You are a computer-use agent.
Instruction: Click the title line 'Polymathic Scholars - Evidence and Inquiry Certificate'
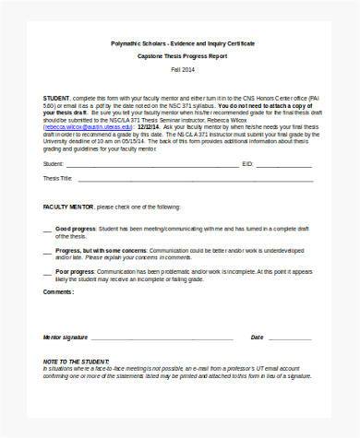(179, 42)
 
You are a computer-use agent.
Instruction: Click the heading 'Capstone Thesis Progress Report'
(179, 57)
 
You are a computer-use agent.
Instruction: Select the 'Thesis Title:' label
(57, 178)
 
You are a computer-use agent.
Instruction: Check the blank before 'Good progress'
(47, 228)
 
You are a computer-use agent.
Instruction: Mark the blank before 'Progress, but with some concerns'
(47, 248)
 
